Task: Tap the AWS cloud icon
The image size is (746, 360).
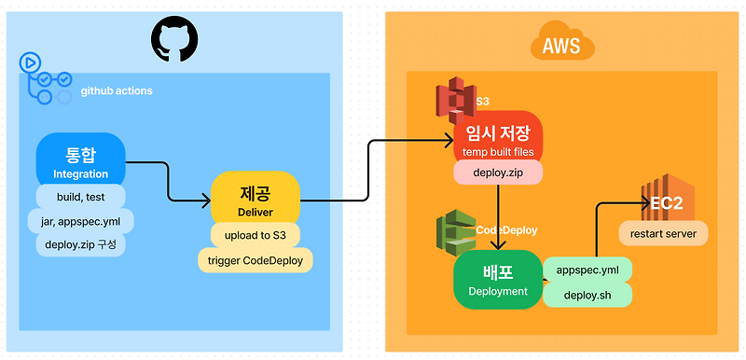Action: point(562,44)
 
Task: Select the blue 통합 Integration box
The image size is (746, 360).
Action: point(80,159)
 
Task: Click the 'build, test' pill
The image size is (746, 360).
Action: point(80,197)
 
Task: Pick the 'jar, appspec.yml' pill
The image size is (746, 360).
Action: point(85,222)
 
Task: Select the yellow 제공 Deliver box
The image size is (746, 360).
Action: point(255,198)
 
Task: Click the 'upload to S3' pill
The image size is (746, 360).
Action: point(255,235)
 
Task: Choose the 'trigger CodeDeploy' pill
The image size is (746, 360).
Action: point(255,260)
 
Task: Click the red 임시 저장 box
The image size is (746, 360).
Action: point(498,138)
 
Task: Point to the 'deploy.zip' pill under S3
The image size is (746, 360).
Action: point(498,173)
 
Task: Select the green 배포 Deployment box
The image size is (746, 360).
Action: point(498,279)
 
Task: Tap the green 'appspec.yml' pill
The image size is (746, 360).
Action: point(587,270)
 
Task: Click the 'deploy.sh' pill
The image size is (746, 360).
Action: point(587,295)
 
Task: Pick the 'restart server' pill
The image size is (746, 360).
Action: point(663,232)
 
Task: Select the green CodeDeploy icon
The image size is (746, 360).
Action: point(455,234)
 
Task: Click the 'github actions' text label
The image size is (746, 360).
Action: point(117,91)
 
